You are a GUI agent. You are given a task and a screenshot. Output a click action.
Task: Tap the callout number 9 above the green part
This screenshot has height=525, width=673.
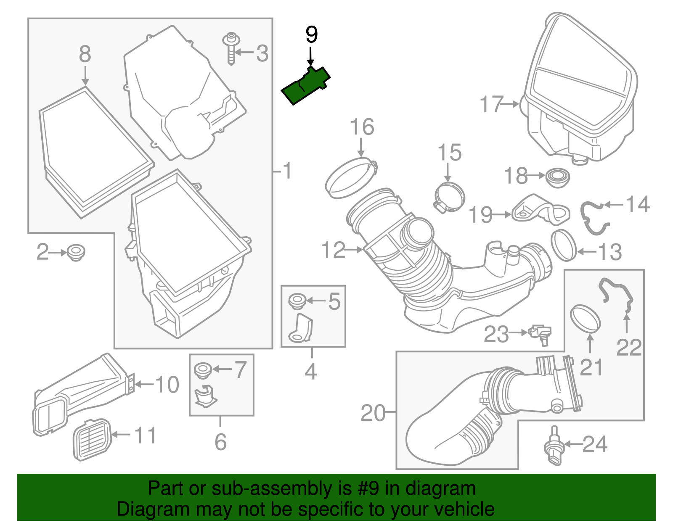[311, 35]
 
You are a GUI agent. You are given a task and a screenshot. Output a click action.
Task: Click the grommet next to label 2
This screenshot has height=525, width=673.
[76, 252]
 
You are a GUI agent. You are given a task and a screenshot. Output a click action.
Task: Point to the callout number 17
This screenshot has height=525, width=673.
[491, 104]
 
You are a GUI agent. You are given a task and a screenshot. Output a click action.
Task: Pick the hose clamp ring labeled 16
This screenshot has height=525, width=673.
[350, 177]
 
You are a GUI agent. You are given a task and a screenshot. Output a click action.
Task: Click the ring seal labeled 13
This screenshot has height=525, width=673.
[564, 245]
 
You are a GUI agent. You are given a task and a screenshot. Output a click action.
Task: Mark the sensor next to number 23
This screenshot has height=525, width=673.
[541, 334]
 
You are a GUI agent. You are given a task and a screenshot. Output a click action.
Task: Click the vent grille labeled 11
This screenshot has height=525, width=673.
[93, 439]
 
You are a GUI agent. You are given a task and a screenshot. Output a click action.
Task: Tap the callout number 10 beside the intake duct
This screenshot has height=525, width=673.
[167, 384]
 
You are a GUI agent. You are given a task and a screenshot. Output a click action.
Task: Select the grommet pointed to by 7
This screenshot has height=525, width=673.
[202, 370]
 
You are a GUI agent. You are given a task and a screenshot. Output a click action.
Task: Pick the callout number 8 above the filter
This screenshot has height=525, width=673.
[85, 54]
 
